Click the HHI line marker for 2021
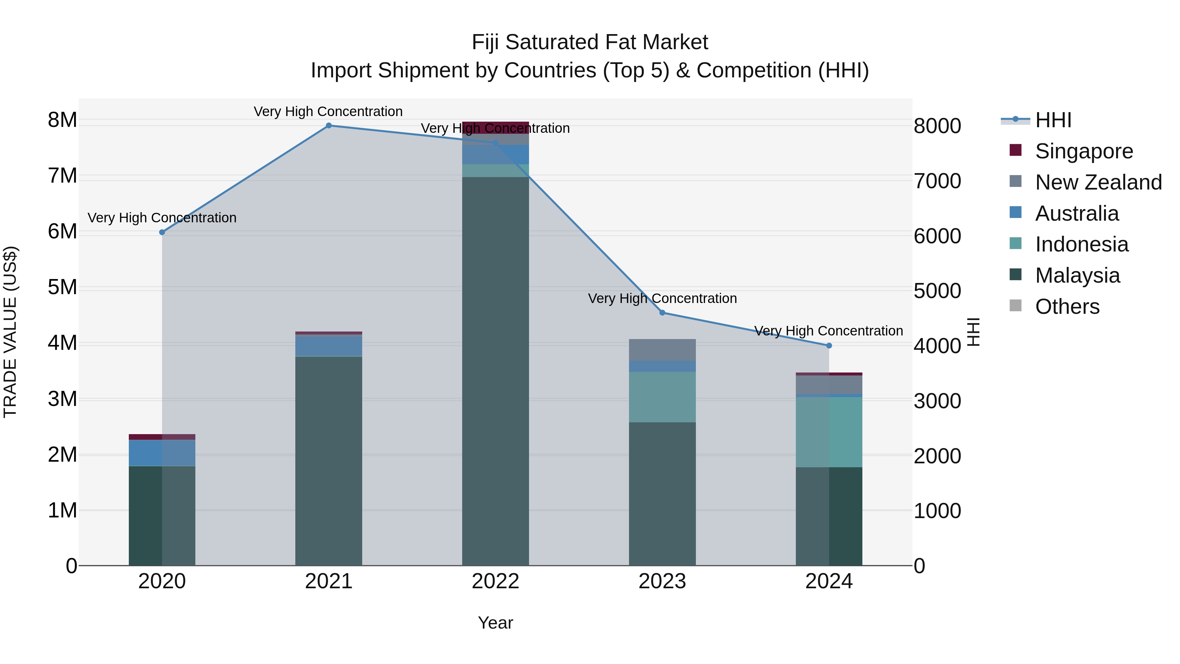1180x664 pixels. tap(328, 126)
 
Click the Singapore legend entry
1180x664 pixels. tap(1084, 151)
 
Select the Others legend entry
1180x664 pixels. tap(1067, 307)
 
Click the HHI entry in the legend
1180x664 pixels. tap(1053, 120)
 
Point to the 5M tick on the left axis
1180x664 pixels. tap(62, 287)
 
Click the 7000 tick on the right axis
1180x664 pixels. tap(937, 181)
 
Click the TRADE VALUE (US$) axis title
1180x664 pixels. tap(10, 332)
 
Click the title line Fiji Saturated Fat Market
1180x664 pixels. tap(590, 42)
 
